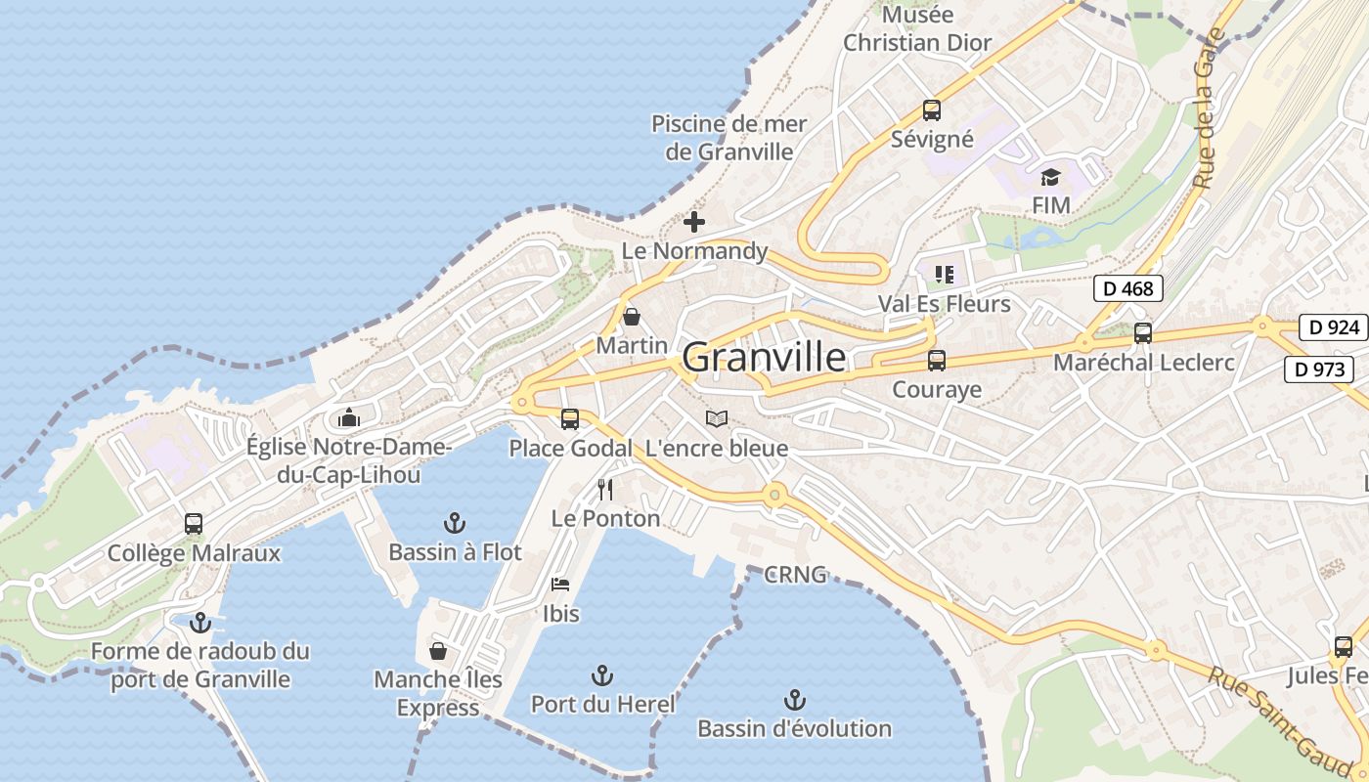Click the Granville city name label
pyautogui.click(x=764, y=358)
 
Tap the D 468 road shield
pyautogui.click(x=1128, y=288)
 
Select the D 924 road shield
pyautogui.click(x=1333, y=327)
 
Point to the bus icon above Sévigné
pyautogui.click(x=931, y=110)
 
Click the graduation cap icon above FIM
pyautogui.click(x=1050, y=177)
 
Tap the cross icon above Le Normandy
pyautogui.click(x=694, y=222)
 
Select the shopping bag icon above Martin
pyautogui.click(x=632, y=317)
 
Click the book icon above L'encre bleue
pyautogui.click(x=717, y=419)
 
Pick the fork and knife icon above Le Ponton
pyautogui.click(x=605, y=489)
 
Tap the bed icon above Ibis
pyautogui.click(x=560, y=585)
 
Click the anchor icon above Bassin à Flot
pyautogui.click(x=454, y=523)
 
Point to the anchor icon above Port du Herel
pyautogui.click(x=602, y=675)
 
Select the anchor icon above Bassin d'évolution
pyautogui.click(x=794, y=700)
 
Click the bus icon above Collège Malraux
pyautogui.click(x=194, y=524)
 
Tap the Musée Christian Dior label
pyautogui.click(x=917, y=29)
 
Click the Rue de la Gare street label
pyautogui.click(x=1209, y=108)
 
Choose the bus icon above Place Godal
pyautogui.click(x=570, y=419)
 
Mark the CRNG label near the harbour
pyautogui.click(x=795, y=575)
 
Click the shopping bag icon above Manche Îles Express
pyautogui.click(x=438, y=650)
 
